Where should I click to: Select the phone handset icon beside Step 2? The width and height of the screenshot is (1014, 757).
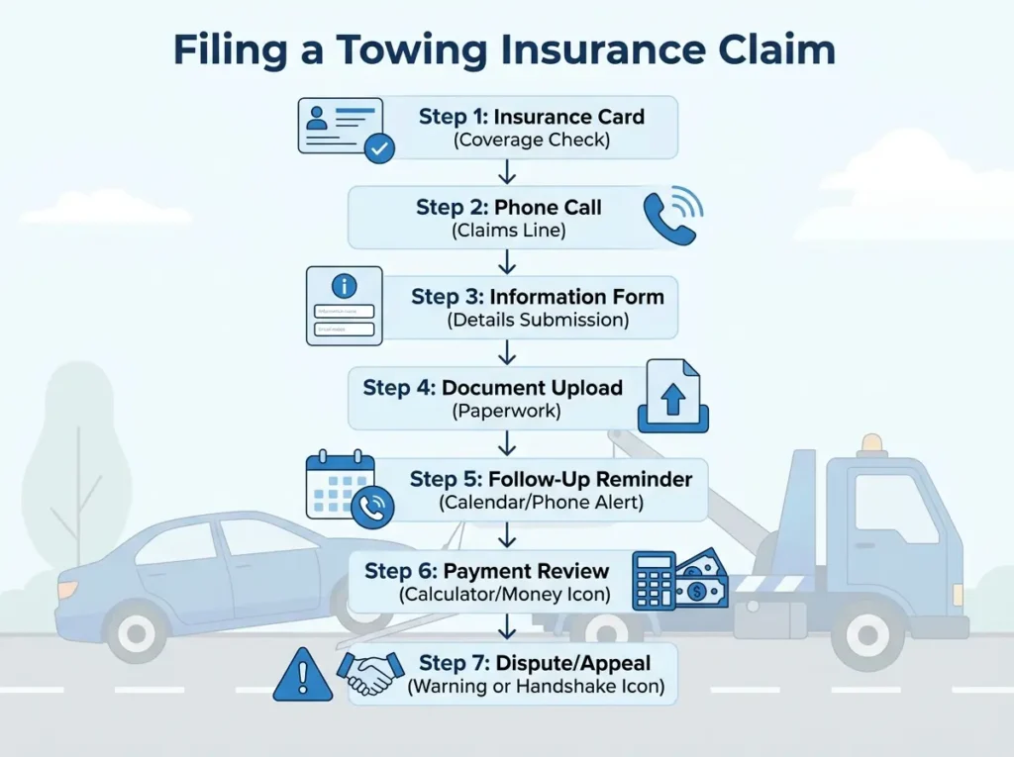[672, 218]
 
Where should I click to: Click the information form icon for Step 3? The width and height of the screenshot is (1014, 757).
[344, 306]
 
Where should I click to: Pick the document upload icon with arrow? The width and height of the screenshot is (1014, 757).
[673, 398]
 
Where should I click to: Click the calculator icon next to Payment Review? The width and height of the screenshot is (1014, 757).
[654, 580]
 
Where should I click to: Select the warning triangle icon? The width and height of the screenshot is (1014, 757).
[303, 676]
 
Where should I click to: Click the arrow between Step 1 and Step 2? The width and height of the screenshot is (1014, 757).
[508, 172]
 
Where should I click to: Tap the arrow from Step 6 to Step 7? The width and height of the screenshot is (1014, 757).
[508, 627]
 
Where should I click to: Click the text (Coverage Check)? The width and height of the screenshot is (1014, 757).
[532, 140]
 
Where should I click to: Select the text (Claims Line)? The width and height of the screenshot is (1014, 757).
[508, 231]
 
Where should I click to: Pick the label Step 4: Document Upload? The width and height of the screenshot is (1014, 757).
[493, 387]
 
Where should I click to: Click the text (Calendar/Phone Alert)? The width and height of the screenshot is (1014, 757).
[541, 503]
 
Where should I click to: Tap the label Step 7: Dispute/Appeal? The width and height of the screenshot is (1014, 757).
[536, 662]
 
